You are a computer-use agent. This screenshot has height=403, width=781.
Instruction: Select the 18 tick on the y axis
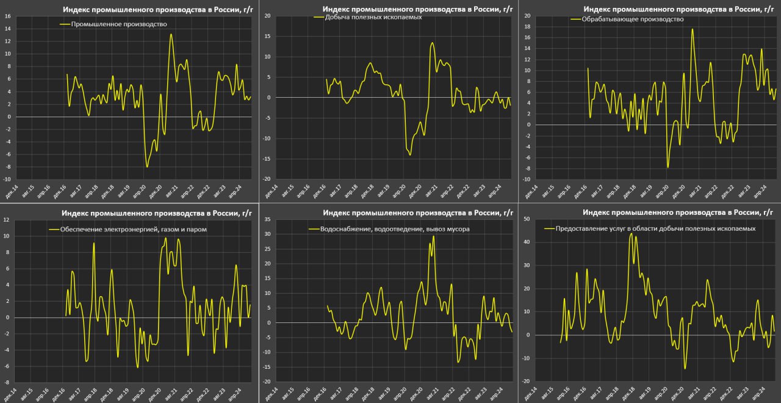(x=527, y=26)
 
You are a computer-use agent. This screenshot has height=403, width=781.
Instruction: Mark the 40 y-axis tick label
(x=526, y=242)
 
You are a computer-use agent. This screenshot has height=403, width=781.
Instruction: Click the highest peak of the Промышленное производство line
(x=171, y=34)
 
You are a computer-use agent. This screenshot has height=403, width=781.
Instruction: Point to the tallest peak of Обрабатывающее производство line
(x=693, y=29)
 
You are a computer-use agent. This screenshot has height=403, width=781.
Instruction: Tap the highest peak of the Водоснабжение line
(x=434, y=236)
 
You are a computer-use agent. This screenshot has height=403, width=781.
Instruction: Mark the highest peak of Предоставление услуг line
(x=631, y=233)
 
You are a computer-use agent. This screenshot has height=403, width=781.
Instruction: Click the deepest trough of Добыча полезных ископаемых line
(x=410, y=155)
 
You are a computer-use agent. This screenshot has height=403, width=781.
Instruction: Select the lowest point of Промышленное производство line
(x=147, y=167)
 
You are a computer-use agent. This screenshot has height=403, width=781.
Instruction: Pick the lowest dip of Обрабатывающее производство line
(x=668, y=167)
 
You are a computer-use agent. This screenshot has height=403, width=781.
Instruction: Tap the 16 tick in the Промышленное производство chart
(x=7, y=16)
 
